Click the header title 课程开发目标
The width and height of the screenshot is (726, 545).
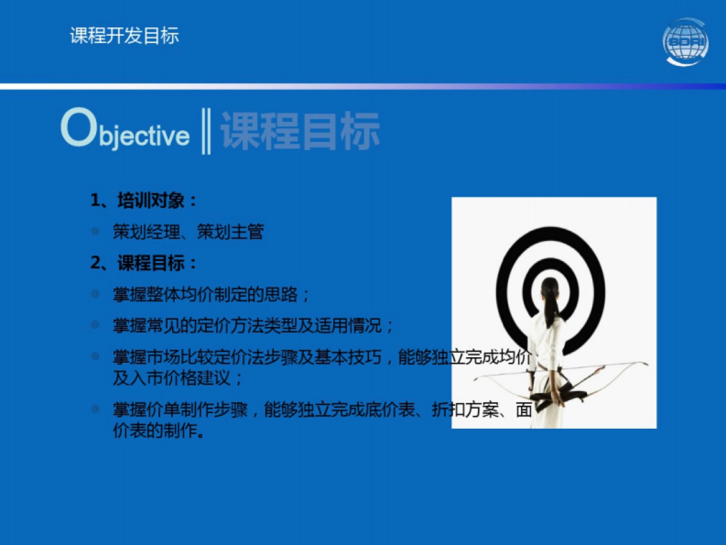click(x=125, y=36)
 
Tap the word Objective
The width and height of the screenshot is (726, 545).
click(x=126, y=131)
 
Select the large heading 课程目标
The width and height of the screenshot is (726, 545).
click(x=300, y=131)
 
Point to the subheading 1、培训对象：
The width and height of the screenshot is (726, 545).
click(x=145, y=200)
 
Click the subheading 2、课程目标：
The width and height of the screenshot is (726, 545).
click(x=145, y=263)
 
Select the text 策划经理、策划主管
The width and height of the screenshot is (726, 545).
click(x=188, y=232)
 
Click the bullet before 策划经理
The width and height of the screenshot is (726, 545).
click(x=95, y=231)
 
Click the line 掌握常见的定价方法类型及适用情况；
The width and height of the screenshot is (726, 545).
click(x=253, y=326)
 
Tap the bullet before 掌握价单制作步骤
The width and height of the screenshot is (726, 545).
click(x=95, y=409)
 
